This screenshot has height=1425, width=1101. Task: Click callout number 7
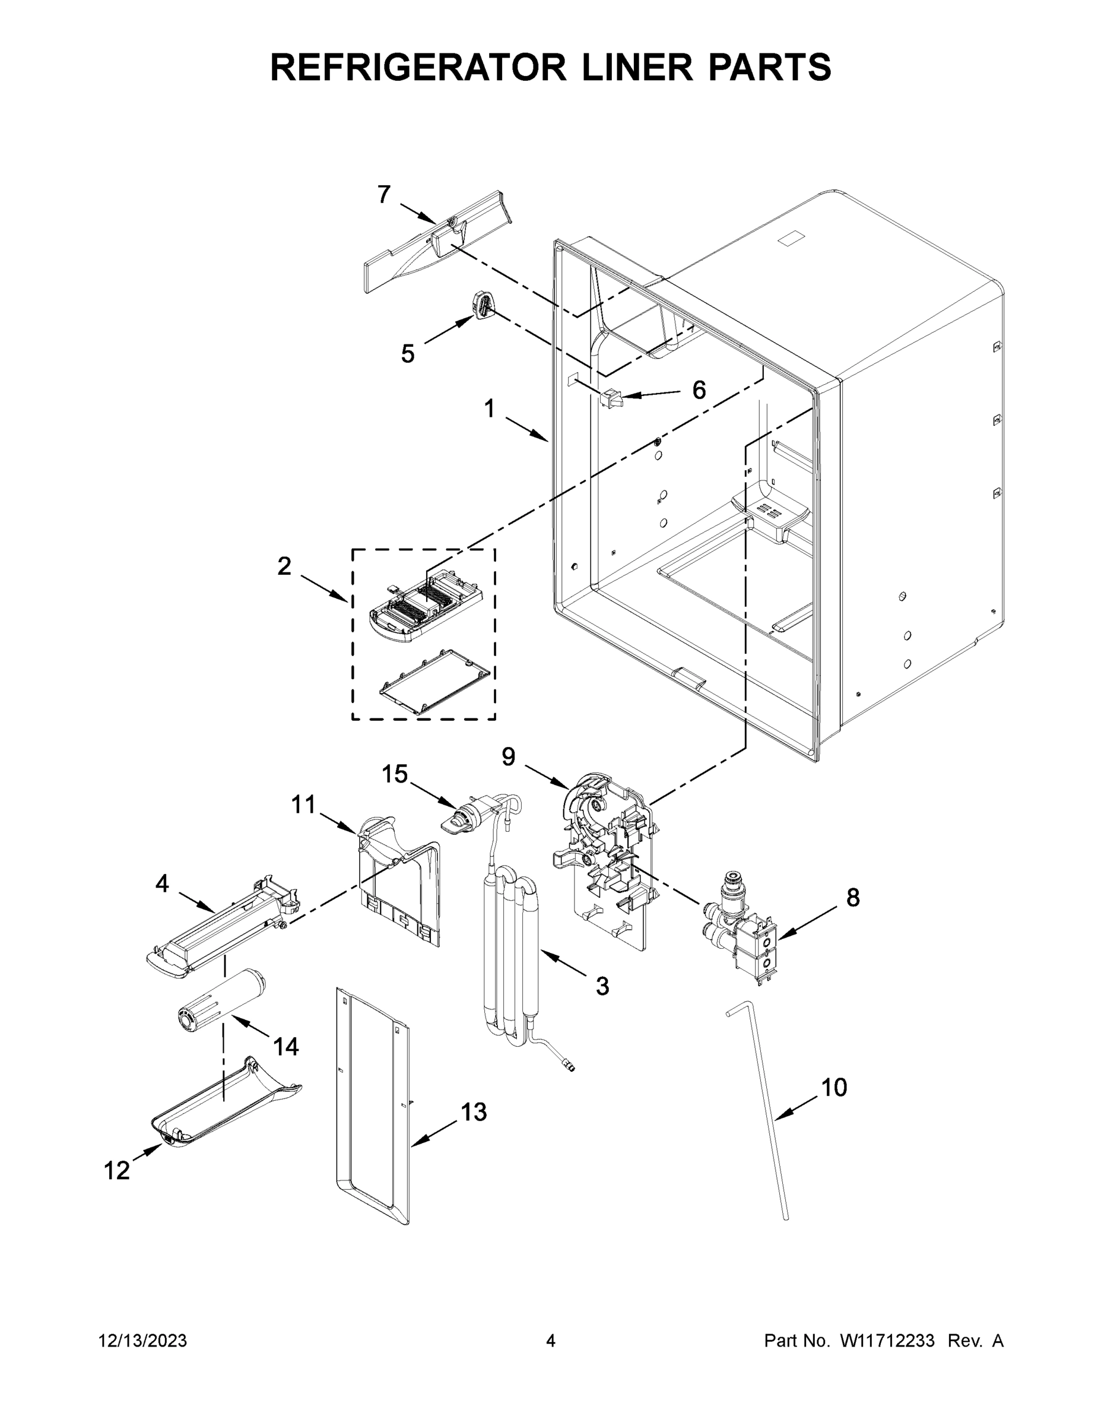384,194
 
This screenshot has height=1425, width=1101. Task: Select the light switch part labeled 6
612,398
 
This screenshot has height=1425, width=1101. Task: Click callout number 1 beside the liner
489,409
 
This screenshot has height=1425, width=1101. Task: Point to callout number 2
284,566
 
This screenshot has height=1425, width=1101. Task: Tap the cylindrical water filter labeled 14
222,1005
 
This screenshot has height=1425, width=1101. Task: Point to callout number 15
394,774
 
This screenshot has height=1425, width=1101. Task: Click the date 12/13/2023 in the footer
143,1341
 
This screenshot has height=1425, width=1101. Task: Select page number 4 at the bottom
551,1341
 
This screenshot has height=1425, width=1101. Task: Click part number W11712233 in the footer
887,1341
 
